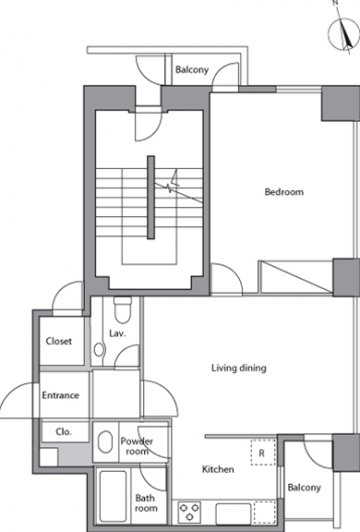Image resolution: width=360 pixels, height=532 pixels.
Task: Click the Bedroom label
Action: pyautogui.click(x=283, y=191)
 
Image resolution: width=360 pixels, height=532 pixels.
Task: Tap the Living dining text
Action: pyautogui.click(x=238, y=368)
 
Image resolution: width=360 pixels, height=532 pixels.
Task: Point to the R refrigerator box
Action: pyautogui.click(x=260, y=454)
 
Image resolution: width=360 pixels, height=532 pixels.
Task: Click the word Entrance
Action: pyautogui.click(x=59, y=394)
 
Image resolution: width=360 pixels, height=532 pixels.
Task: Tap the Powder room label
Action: pyautogui.click(x=135, y=446)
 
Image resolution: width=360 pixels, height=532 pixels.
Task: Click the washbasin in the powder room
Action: pyautogui.click(x=105, y=442)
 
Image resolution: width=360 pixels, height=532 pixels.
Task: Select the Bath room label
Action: pyautogui.click(x=146, y=502)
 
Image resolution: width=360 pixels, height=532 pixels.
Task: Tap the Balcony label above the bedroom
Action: pyautogui.click(x=191, y=71)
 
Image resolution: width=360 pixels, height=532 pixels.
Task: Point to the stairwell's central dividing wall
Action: pyautogui.click(x=150, y=197)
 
